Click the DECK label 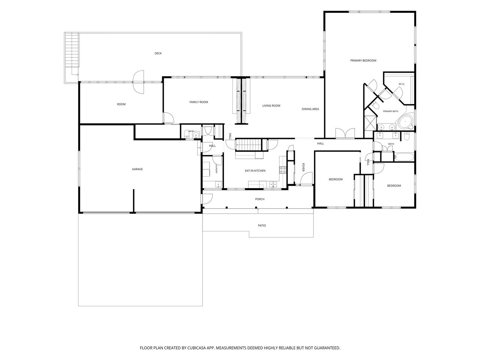(x=158, y=53)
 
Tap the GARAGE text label (x=137, y=169)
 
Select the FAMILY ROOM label (x=198, y=102)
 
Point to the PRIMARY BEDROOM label (x=363, y=60)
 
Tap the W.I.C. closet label (x=402, y=84)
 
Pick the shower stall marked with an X (x=370, y=123)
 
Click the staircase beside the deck (x=72, y=50)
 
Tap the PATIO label (x=262, y=225)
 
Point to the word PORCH (x=259, y=199)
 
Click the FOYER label (x=303, y=167)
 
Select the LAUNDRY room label (x=217, y=169)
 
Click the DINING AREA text (x=310, y=109)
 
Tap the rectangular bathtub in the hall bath (x=403, y=157)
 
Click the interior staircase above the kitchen (x=249, y=144)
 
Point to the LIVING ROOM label (x=271, y=106)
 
